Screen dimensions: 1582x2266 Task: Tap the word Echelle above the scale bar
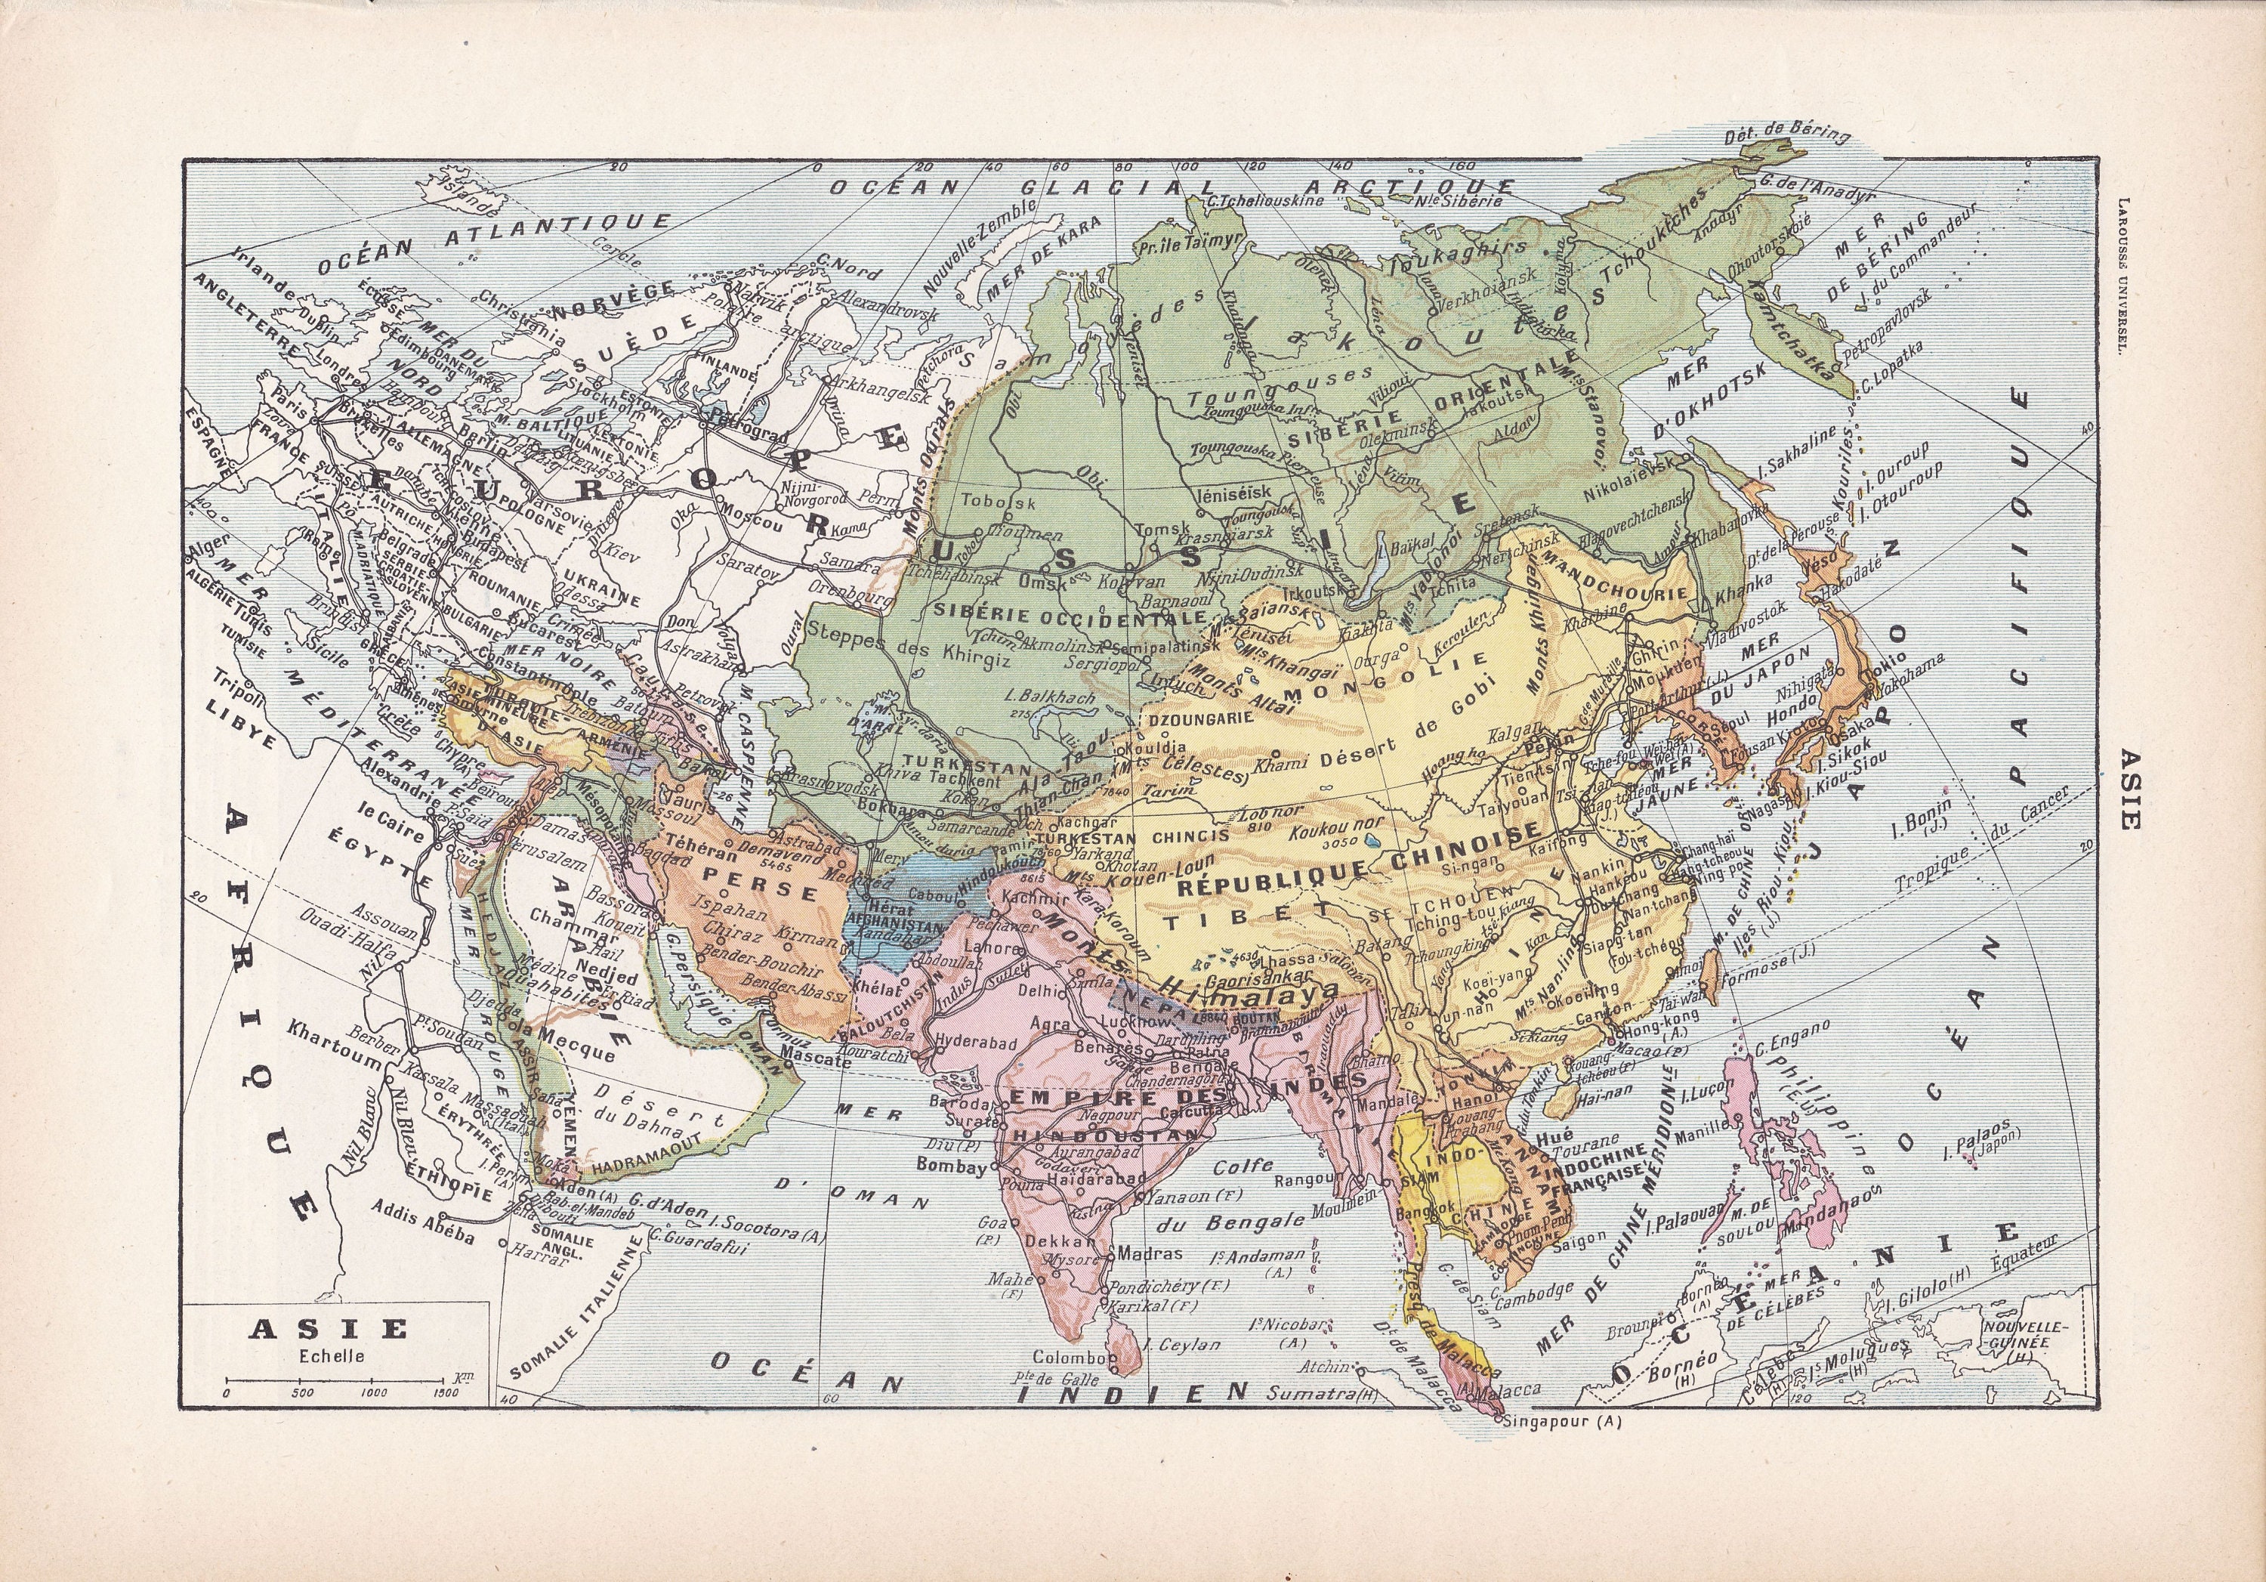tap(332, 1356)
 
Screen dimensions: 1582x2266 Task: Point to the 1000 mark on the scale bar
tap(373, 1392)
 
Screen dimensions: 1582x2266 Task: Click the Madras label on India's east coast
tap(1150, 1253)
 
